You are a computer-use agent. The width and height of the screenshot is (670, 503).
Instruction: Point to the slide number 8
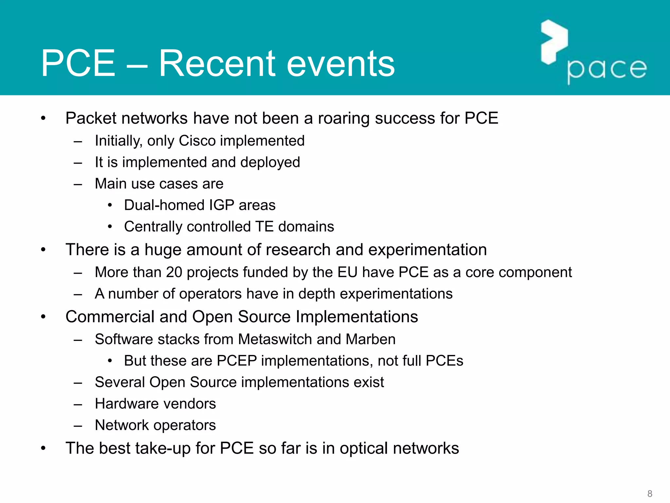point(650,494)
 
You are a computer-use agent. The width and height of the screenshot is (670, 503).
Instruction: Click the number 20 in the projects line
point(174,272)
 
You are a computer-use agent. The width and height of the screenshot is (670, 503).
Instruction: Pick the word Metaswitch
point(275,339)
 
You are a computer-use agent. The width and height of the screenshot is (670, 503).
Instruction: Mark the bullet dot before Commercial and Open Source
point(43,317)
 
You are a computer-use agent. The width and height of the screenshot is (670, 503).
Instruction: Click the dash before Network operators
point(78,425)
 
